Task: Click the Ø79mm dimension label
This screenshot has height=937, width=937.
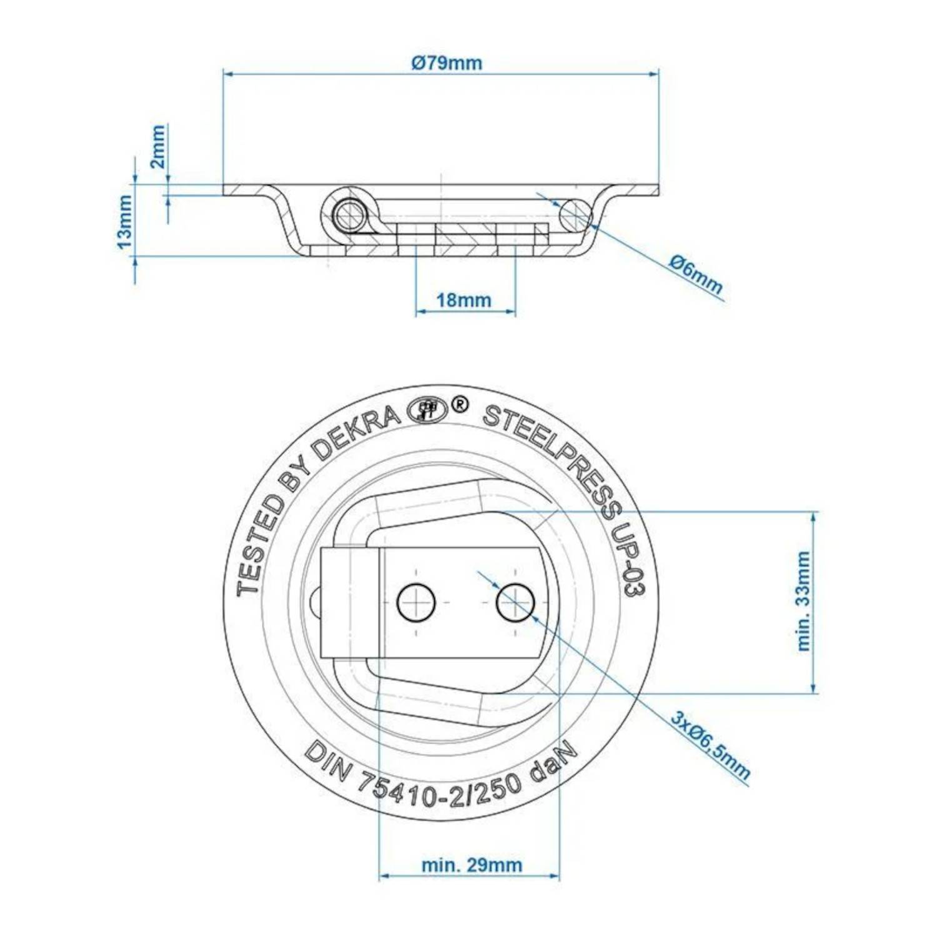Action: pos(446,63)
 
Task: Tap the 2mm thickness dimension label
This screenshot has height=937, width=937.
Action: pos(157,146)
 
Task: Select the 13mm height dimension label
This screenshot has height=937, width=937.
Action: pos(125,221)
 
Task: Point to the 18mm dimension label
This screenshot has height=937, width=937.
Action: pos(464,300)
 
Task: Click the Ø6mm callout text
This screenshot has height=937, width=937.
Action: pos(696,275)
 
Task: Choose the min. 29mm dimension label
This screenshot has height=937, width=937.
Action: pos(472,865)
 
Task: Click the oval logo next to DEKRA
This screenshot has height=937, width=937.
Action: pos(426,410)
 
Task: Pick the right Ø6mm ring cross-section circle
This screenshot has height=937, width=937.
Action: pos(575,214)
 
